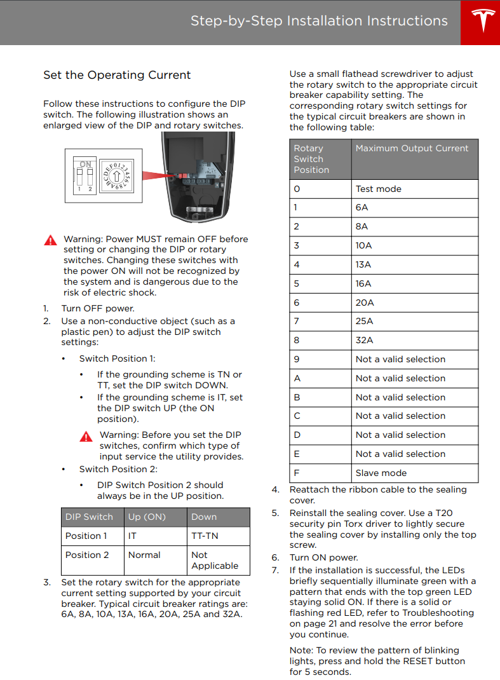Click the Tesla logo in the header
pyautogui.click(x=481, y=22)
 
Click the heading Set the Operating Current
pyautogui.click(x=117, y=75)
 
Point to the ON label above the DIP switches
pyautogui.click(x=85, y=163)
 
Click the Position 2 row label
pyautogui.click(x=87, y=555)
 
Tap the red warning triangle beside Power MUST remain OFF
pyautogui.click(x=50, y=240)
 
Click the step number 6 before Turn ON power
pyautogui.click(x=275, y=557)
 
